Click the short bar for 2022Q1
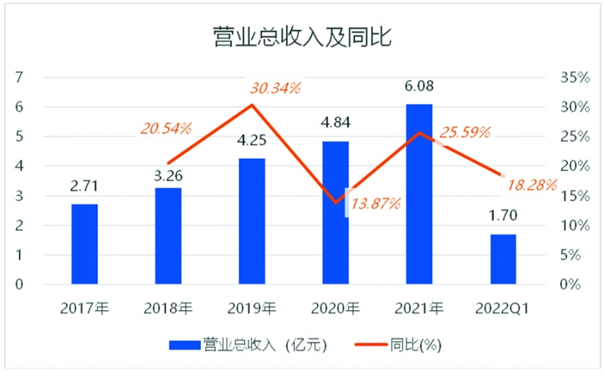pyautogui.click(x=503, y=259)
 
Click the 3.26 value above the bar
pyautogui.click(x=168, y=176)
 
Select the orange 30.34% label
pyautogui.click(x=275, y=88)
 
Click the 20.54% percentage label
pyautogui.click(x=166, y=129)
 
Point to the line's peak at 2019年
pyautogui.click(x=252, y=105)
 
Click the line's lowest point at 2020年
pyautogui.click(x=336, y=203)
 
